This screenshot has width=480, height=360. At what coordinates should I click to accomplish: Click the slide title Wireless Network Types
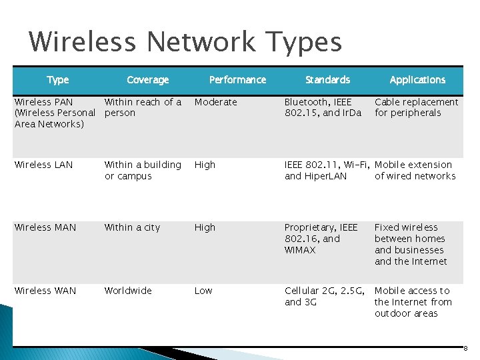coord(185,42)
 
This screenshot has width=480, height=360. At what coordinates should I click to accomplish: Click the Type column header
coord(58,80)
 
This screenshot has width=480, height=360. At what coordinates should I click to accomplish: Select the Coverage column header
coord(147,80)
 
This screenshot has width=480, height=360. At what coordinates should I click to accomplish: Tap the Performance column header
coord(237,80)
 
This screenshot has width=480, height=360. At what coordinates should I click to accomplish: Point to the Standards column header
coord(327,80)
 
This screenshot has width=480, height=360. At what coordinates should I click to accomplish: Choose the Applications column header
coord(417,80)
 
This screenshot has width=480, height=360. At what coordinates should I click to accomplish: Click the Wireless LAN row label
coord(43,165)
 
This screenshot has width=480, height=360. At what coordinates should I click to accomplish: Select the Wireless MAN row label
coord(45,227)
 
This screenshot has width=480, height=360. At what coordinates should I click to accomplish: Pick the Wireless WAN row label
coord(45,291)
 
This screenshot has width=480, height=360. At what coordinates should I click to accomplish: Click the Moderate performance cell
coord(215,102)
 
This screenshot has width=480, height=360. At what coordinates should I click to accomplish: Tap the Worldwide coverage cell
coord(128,291)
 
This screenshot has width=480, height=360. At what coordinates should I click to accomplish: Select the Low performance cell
coord(203,291)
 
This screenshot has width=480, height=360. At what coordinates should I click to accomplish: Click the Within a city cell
coord(132,227)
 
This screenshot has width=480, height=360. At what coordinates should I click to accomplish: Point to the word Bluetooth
coord(306,102)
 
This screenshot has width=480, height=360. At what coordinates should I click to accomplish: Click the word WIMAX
coord(300,250)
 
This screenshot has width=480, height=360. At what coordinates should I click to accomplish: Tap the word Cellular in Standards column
coord(301,291)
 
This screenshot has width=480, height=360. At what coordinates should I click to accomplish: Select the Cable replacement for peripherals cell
coord(416,107)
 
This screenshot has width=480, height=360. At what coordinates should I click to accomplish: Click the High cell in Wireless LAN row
coord(205,165)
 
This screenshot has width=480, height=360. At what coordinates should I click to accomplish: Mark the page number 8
coord(465,349)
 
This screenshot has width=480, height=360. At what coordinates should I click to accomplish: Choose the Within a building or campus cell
coord(143,170)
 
